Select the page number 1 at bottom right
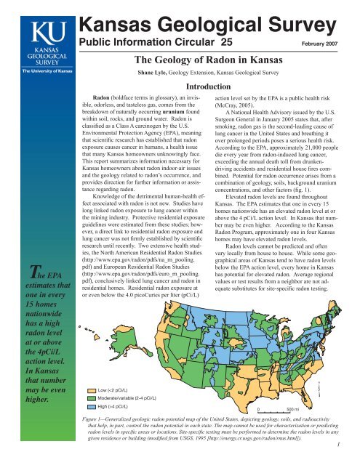point(351,457)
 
